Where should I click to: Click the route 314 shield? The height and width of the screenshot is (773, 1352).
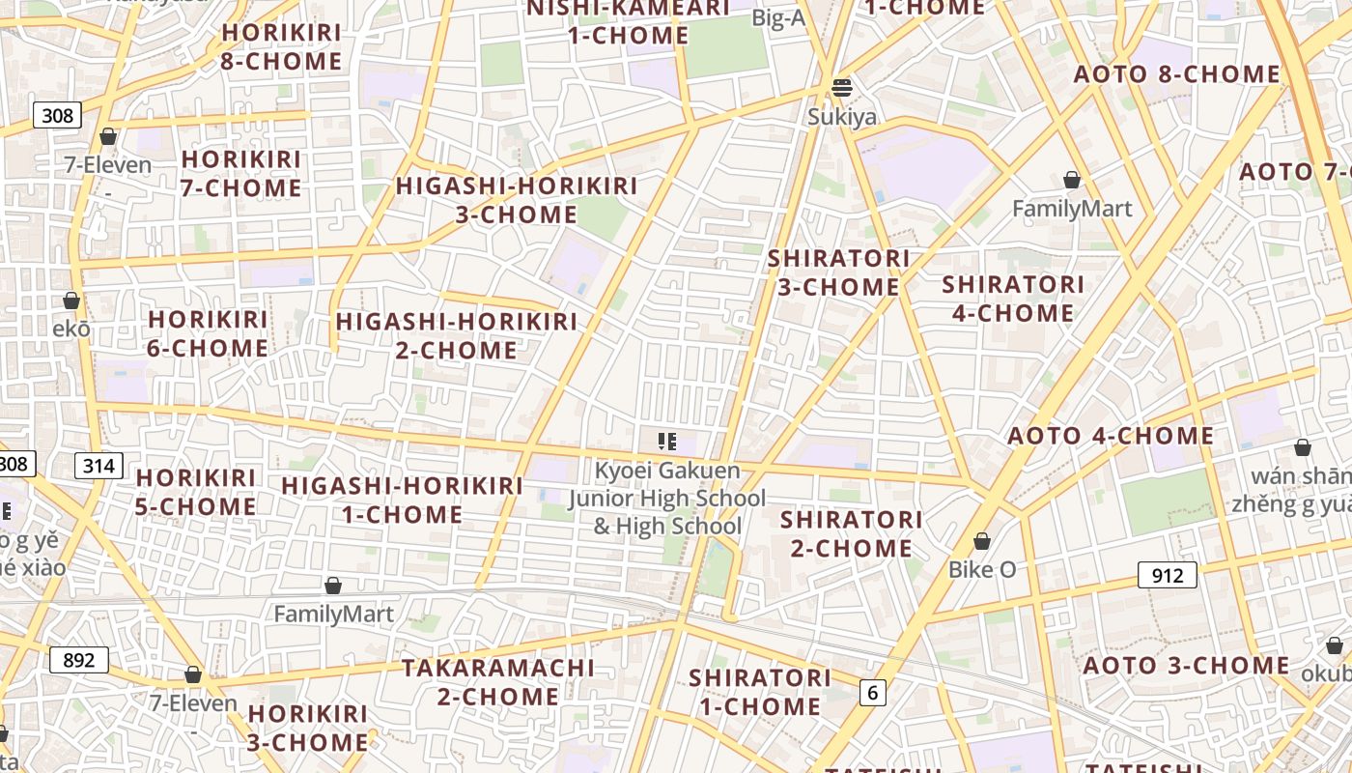point(98,467)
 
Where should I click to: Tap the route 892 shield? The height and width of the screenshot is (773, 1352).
point(78,660)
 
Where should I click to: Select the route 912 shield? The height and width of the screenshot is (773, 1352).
point(1167,576)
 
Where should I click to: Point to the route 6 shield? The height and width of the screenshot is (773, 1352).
point(873,692)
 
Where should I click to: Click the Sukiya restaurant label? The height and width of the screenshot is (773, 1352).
point(842,117)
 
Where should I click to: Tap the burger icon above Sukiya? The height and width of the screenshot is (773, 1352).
point(842,88)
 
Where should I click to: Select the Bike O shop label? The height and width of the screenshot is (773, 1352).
point(982,569)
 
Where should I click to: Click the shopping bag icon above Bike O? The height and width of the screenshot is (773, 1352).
point(982,541)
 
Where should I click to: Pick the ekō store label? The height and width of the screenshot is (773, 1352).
point(71,328)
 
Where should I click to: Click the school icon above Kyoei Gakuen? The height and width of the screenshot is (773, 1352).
point(666,443)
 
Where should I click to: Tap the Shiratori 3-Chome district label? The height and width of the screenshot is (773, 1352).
point(838,272)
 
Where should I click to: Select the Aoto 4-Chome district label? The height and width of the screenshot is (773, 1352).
point(1111,436)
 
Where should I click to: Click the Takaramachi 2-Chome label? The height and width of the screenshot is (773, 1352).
point(498,682)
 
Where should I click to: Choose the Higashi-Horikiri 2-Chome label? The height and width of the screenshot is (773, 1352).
point(456,335)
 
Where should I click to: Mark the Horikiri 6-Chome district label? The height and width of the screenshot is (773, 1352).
point(208,333)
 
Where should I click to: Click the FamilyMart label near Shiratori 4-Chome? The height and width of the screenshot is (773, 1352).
point(1072,208)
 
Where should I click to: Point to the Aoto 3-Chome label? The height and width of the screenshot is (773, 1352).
point(1186,666)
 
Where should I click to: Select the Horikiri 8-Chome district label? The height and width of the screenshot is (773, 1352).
point(282,46)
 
